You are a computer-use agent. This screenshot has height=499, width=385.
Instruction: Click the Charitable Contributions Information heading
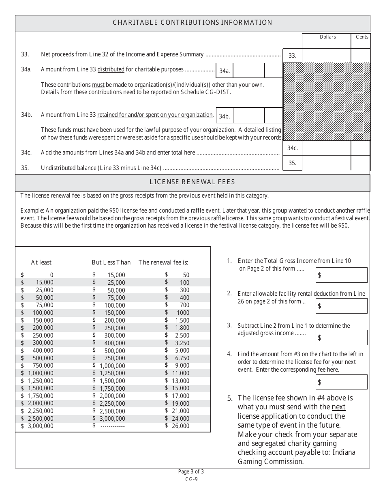192,23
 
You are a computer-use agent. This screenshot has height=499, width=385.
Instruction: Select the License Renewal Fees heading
192,182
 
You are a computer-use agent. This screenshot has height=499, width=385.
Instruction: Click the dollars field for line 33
326,56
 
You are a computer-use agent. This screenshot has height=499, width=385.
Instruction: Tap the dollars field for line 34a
249,70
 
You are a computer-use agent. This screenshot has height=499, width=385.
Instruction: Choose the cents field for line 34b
274,116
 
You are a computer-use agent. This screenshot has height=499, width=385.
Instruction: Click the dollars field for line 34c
326,148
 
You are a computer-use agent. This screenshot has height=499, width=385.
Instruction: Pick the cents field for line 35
360,163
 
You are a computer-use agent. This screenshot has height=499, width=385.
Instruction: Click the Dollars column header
327,37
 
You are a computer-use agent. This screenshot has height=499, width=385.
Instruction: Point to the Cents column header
362,37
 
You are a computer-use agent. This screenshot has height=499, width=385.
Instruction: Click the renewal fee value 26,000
180,426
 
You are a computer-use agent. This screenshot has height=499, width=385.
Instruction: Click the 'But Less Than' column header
111,262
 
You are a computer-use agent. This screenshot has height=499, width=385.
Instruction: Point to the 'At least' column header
41,262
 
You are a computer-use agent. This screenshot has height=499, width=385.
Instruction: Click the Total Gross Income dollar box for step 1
342,275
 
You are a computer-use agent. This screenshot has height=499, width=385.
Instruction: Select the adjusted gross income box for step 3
342,338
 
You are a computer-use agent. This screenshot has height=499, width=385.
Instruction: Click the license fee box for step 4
342,382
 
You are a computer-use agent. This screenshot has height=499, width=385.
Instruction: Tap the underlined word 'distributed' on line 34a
111,69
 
